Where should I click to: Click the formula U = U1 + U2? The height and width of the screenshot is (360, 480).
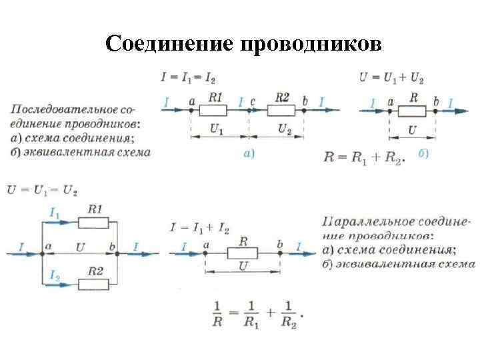[x=391, y=77]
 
